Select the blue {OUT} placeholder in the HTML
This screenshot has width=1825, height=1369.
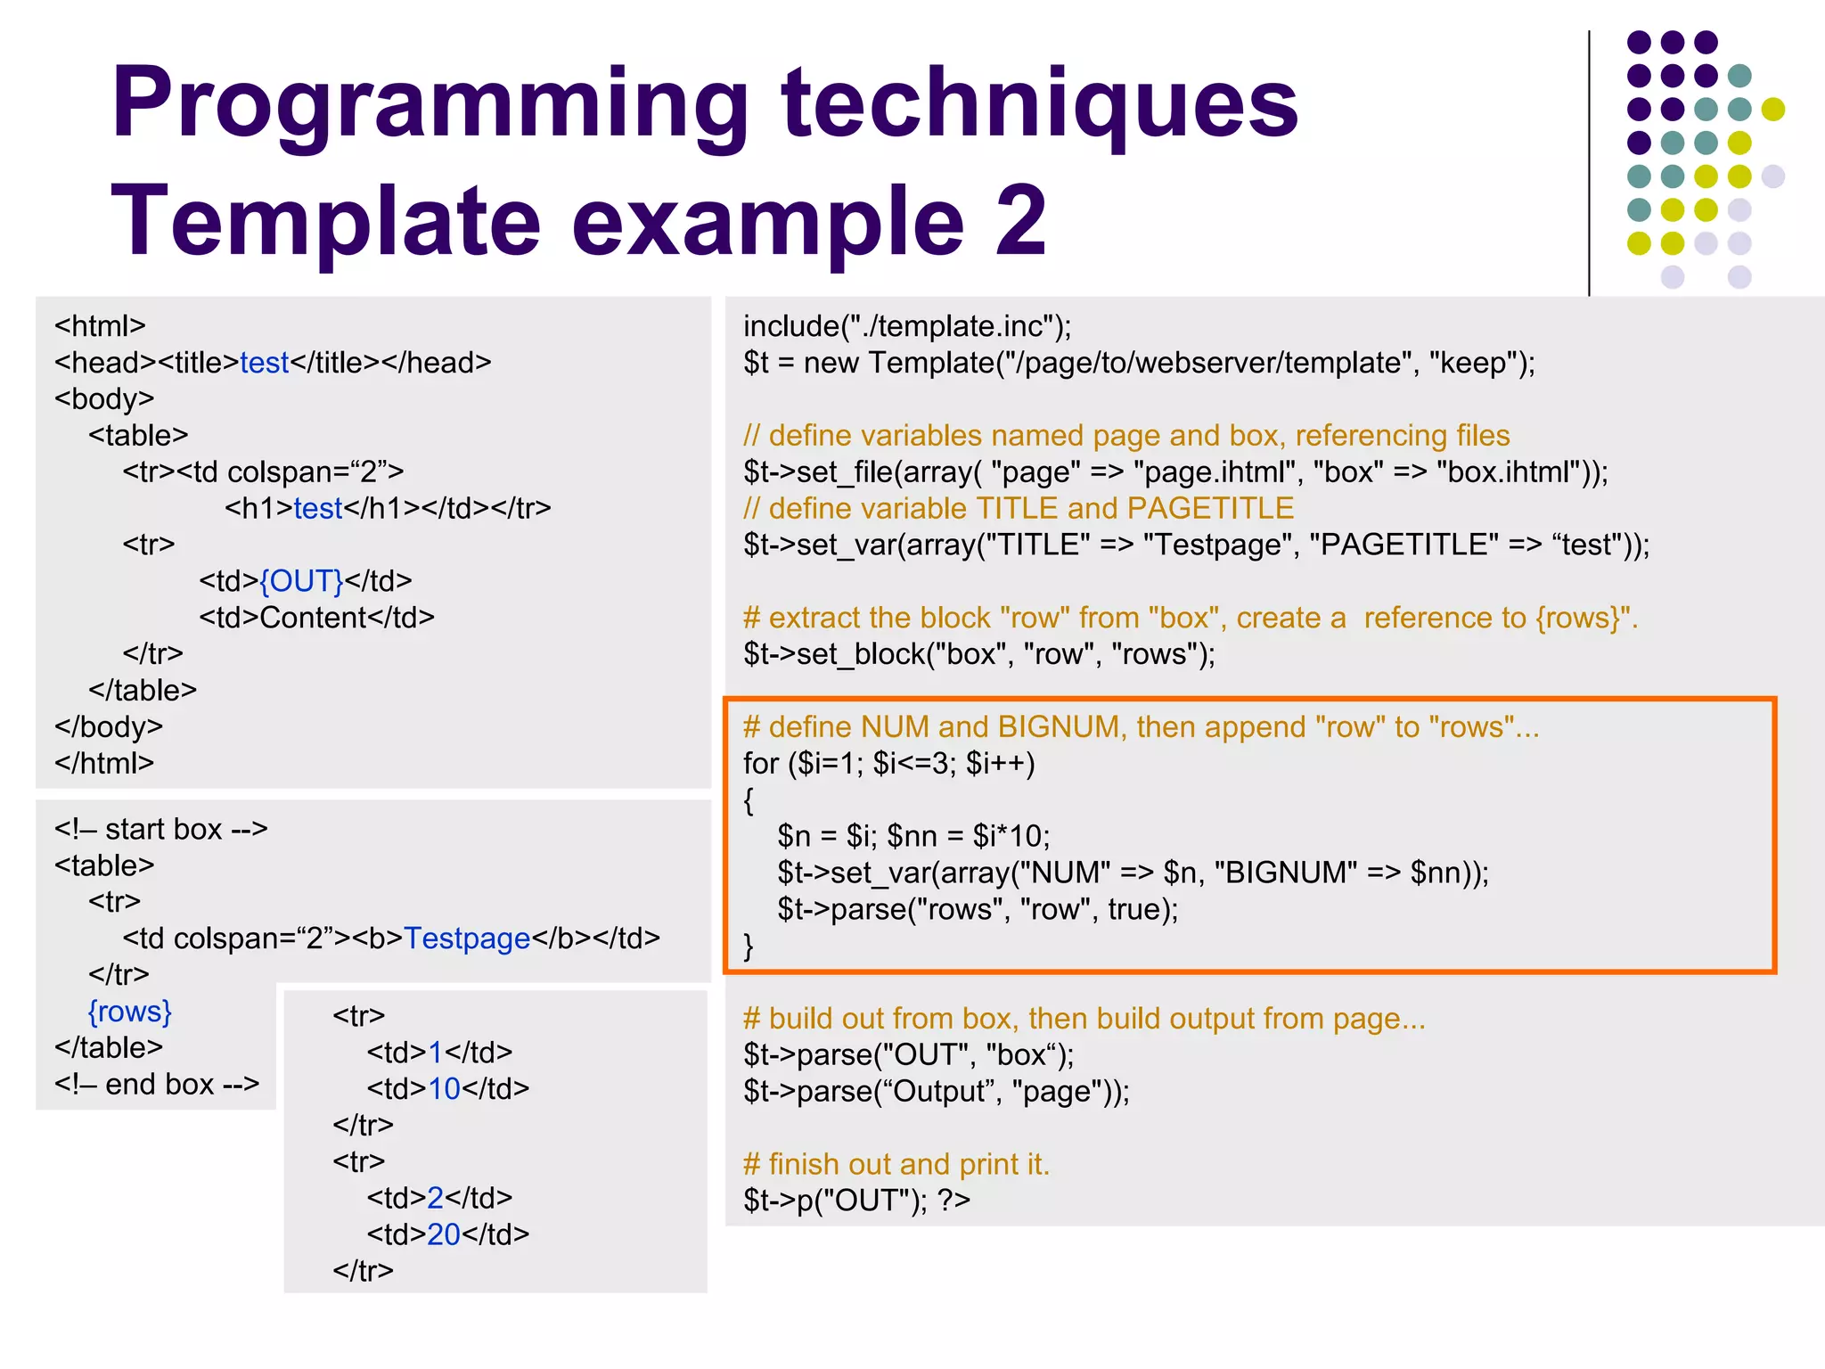point(301,581)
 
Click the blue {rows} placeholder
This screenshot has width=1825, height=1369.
point(129,1012)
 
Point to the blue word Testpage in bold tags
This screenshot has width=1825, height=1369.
point(467,939)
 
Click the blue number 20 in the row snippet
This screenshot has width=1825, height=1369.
point(444,1234)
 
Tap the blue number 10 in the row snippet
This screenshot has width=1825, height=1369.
point(444,1088)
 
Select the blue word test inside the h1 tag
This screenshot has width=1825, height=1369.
point(318,508)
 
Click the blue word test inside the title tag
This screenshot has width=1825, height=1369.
point(264,363)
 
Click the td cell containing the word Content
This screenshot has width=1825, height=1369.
point(316,618)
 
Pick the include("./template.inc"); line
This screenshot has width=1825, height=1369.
point(907,326)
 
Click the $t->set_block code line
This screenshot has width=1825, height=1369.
point(978,654)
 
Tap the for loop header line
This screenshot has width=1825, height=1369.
point(888,764)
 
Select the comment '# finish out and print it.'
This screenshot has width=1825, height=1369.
point(896,1164)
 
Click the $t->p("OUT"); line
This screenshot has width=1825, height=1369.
point(856,1201)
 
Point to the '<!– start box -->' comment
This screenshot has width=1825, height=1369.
point(160,829)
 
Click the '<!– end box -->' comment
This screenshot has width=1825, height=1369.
point(157,1084)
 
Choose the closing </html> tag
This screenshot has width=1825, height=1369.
point(104,763)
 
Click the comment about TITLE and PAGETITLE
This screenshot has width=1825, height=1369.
point(1019,508)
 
